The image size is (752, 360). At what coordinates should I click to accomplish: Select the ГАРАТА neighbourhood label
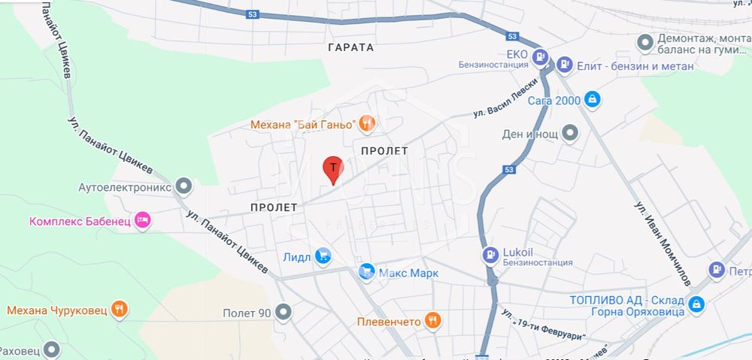tap(350, 47)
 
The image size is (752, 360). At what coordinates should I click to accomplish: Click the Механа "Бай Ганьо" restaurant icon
tap(367, 123)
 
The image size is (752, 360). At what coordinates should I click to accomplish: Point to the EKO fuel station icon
tap(540, 57)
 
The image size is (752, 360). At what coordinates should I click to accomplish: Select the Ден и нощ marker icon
tap(572, 134)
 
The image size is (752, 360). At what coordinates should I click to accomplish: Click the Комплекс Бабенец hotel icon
tap(144, 221)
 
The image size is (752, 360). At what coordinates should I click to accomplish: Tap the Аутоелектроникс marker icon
tap(183, 185)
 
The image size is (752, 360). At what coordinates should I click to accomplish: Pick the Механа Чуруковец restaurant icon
tap(118, 309)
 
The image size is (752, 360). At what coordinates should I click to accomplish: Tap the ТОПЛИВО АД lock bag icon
tap(696, 304)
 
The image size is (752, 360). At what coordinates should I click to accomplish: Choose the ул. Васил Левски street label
tap(508, 98)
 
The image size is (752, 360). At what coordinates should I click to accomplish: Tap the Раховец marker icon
tap(51, 349)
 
